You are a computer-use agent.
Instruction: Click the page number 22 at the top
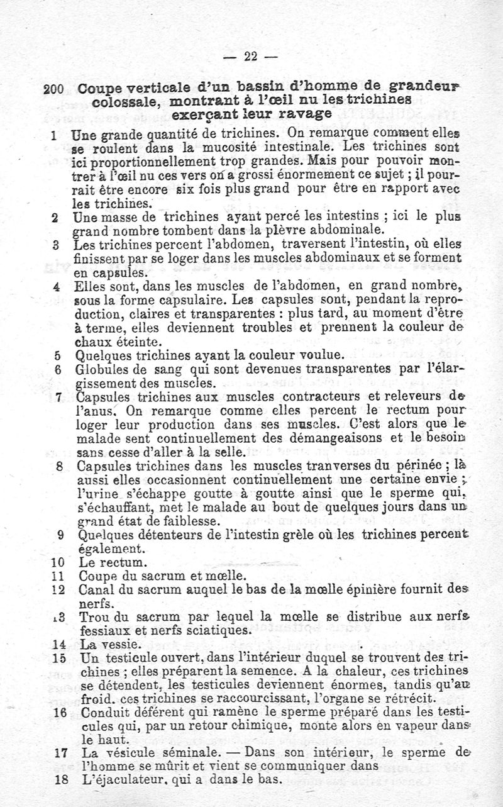pyautogui.click(x=250, y=57)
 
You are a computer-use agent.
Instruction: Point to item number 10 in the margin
pyautogui.click(x=56, y=562)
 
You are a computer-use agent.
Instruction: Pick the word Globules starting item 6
pyautogui.click(x=98, y=370)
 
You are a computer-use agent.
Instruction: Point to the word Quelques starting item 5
pyautogui.click(x=100, y=356)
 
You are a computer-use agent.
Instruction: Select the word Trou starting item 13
pyautogui.click(x=92, y=617)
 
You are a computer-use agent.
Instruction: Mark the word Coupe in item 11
pyautogui.click(x=98, y=576)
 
